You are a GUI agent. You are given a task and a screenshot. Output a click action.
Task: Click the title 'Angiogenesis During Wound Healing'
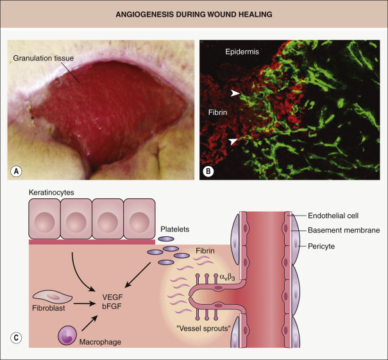[x=194, y=15]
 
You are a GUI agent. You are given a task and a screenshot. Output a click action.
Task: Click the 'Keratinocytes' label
[x=49, y=193]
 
